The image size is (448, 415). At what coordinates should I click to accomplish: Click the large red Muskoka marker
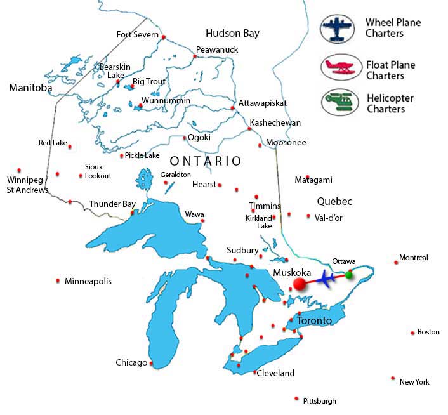click(299, 284)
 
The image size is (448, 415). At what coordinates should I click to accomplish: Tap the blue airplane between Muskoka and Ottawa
click(326, 279)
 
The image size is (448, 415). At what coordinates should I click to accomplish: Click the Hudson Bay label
click(232, 33)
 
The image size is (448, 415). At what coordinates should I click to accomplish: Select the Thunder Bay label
click(112, 204)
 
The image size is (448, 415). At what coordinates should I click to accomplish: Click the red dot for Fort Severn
click(164, 37)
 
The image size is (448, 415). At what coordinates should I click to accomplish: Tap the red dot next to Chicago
click(151, 364)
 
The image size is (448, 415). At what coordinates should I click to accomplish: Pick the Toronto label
click(314, 321)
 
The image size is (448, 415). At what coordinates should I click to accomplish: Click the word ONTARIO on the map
click(205, 161)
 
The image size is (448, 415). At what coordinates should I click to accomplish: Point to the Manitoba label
click(30, 88)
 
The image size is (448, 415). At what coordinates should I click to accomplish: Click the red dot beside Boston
click(412, 332)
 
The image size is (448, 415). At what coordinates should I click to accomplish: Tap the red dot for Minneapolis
click(58, 280)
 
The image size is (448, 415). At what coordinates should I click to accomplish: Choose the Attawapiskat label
click(263, 103)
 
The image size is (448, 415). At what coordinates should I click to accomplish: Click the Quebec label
click(334, 201)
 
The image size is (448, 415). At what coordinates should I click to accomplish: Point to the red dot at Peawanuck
click(195, 56)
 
